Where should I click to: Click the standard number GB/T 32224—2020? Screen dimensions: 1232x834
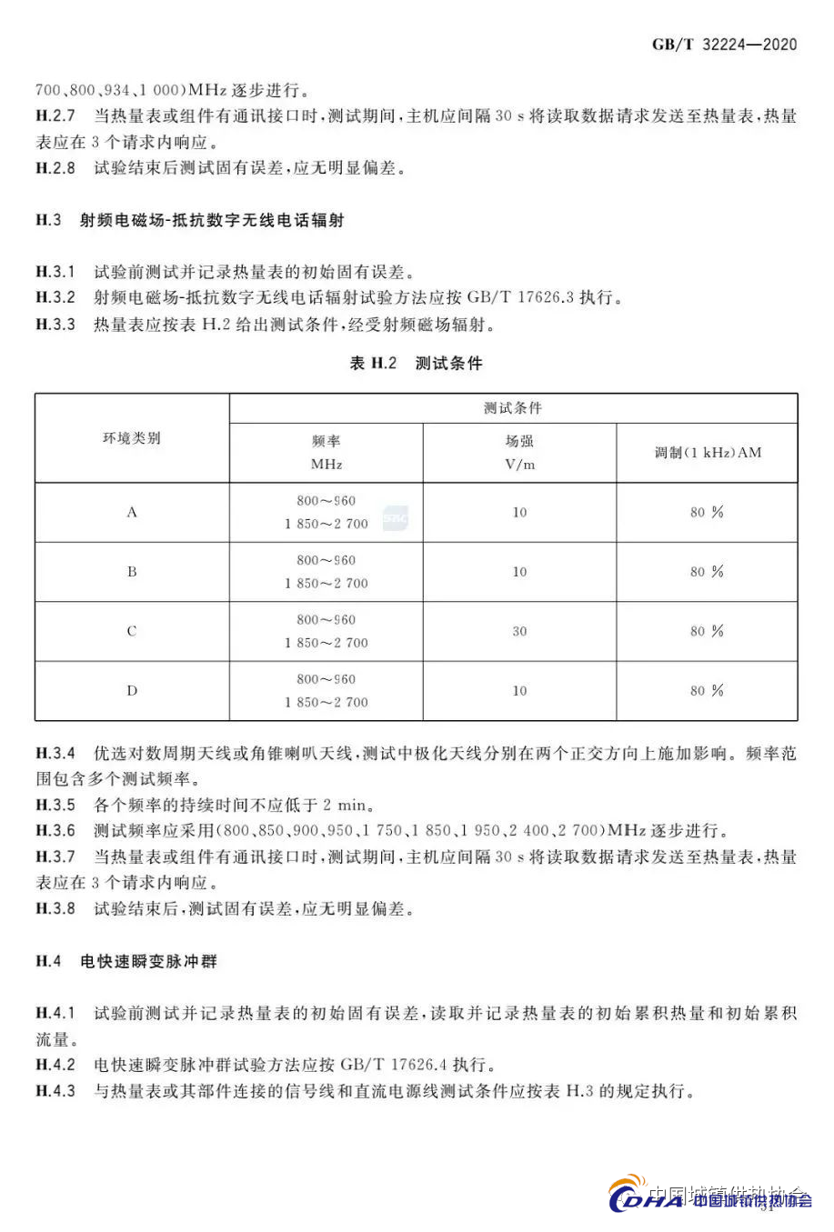724,45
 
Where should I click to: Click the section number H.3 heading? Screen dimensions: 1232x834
48,220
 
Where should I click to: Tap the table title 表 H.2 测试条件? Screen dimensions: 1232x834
416,363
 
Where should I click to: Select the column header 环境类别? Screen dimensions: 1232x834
132,438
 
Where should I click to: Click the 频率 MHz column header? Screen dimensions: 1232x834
327,452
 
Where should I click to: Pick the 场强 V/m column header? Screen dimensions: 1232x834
519,452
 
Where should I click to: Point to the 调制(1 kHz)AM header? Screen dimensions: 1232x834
708,452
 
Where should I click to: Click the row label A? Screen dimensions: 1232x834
132,512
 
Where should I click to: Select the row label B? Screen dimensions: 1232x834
132,572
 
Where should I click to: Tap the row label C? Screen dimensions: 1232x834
132,631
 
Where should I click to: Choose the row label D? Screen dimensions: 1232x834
132,691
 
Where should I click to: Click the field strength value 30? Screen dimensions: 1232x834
519,631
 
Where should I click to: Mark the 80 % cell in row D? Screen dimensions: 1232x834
707,691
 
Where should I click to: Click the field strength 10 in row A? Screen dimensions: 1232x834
519,512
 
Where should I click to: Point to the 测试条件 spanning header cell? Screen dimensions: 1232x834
513,408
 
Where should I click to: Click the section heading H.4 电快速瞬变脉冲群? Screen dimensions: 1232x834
126,961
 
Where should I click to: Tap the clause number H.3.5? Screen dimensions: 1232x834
55,805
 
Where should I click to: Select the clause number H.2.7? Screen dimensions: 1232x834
55,115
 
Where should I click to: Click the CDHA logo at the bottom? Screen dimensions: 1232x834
646,1199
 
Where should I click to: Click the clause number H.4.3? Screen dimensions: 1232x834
55,1090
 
